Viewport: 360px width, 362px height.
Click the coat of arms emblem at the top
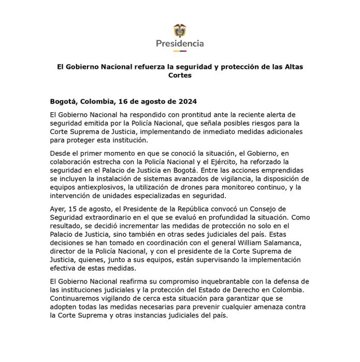tap(180, 31)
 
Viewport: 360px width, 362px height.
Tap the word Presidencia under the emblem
tap(180, 44)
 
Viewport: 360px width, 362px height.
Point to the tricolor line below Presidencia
tap(180, 51)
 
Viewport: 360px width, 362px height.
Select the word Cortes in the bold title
tap(180, 75)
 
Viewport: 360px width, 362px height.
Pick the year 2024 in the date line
tap(187, 101)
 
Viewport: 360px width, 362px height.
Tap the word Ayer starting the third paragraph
tap(58, 209)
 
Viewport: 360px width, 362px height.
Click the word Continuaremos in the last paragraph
tap(74, 298)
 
